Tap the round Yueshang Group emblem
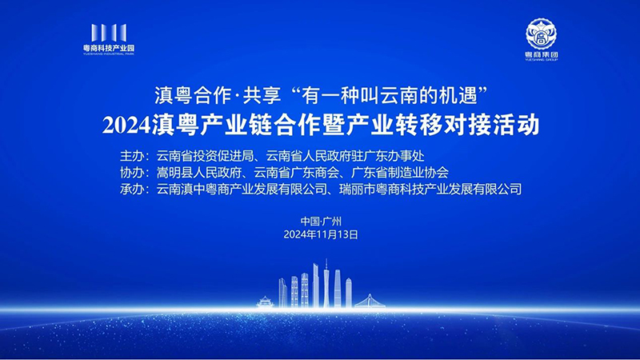(541, 34)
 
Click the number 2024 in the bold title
(126, 126)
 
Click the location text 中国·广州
(321, 222)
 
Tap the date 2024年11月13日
(321, 234)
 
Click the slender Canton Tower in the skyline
(326, 283)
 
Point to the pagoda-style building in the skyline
(265, 302)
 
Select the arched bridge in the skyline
(370, 302)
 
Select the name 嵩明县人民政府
(199, 173)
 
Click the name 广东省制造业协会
(400, 173)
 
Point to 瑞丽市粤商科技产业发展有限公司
(430, 189)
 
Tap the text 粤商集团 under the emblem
(542, 54)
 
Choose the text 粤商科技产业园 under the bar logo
(109, 48)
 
